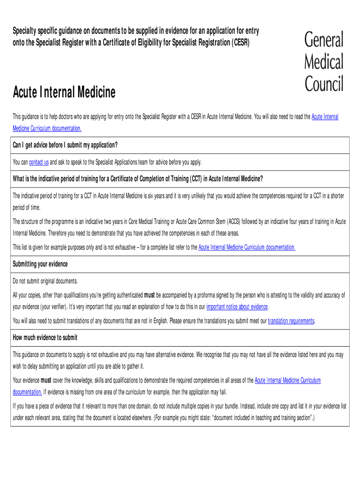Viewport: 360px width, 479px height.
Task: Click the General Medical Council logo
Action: coord(324,62)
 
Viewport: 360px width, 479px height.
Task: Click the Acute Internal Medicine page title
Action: coord(64,92)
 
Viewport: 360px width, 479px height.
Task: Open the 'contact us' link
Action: coord(39,162)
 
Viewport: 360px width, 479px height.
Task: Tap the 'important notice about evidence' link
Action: coord(237,307)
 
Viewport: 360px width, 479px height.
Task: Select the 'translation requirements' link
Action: coord(291,321)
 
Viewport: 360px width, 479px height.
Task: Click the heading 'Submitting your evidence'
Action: coord(40,264)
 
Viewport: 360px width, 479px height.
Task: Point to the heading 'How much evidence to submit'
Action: coord(45,338)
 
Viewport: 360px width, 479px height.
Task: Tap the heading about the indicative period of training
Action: coord(137,179)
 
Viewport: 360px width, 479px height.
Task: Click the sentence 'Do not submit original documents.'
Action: coord(45,281)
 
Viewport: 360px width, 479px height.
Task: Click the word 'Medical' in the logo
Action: coord(324,62)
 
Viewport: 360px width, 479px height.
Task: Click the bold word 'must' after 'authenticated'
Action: coord(150,295)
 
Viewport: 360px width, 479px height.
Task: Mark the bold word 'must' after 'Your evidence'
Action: coord(46,380)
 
